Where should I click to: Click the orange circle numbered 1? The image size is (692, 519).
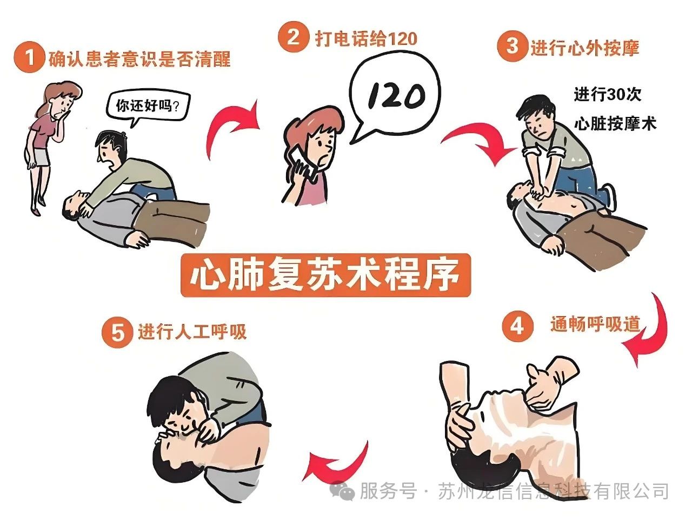pos(28,58)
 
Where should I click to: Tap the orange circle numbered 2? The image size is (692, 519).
pos(292,37)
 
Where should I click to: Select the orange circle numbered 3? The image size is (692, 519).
pos(511,47)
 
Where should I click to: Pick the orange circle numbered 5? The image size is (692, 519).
pos(117,332)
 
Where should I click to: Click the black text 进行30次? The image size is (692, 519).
pos(607,94)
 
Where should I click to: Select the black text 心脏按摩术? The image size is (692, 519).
pos(615,123)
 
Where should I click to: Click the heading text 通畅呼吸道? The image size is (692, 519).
pos(595,324)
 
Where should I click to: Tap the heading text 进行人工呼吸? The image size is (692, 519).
pos(192,332)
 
